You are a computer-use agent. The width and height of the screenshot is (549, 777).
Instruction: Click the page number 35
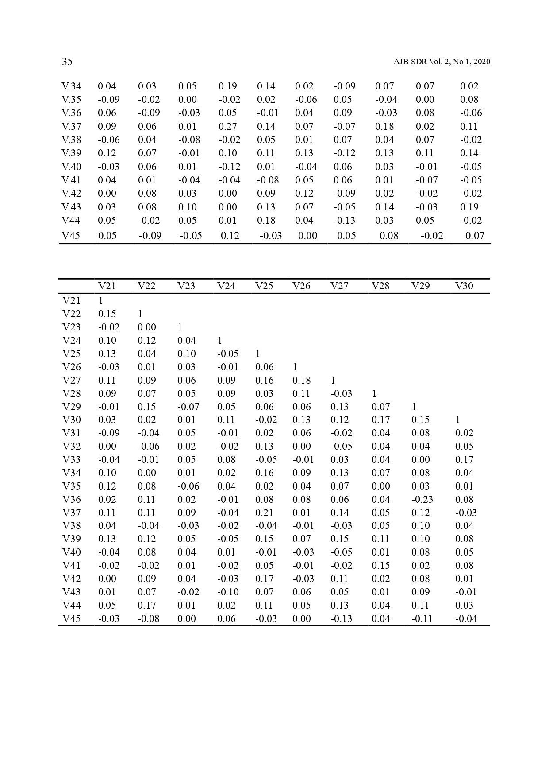tap(67, 62)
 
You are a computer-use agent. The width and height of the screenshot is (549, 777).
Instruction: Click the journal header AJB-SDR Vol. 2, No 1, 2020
tap(442, 62)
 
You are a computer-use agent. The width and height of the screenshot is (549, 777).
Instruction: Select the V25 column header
tap(264, 286)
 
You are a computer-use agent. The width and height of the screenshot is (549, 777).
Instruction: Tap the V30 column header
tap(464, 286)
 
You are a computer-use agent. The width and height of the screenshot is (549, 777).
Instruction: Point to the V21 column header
tap(107, 286)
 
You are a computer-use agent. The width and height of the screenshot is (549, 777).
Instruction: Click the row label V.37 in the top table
tap(71, 126)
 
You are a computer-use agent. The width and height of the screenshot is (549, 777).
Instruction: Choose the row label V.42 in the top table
tap(71, 194)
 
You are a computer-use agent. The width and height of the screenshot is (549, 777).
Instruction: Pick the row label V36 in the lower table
tap(71, 499)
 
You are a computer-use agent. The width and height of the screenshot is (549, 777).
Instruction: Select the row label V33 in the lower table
tap(71, 459)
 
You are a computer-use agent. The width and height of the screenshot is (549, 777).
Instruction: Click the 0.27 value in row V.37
tap(227, 126)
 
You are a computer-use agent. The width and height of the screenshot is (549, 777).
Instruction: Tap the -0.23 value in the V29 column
tap(422, 499)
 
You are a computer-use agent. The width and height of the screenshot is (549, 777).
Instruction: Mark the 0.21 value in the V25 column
tap(264, 513)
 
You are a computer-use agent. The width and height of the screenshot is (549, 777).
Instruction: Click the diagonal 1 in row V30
tap(457, 420)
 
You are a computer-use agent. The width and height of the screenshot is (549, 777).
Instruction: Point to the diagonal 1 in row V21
tap(100, 300)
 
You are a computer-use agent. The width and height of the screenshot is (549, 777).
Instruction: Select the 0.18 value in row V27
tap(301, 380)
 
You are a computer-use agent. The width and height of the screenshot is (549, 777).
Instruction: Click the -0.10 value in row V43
tap(227, 592)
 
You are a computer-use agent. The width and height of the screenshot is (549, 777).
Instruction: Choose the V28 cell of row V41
tap(380, 565)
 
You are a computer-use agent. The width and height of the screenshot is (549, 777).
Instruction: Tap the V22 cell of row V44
tap(146, 605)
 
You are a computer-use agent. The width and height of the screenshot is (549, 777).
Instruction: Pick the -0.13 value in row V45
tap(341, 618)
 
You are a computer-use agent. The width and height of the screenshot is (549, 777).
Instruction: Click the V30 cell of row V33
tap(464, 459)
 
